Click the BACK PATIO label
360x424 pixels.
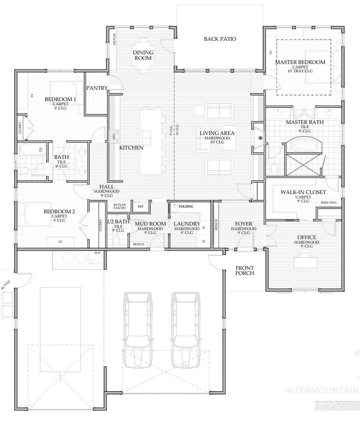pos(220,39)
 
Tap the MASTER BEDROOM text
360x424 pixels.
pos(300,62)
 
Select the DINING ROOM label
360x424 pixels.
pos(143,55)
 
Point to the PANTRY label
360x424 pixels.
pos(97,88)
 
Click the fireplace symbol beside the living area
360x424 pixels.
pos(260,138)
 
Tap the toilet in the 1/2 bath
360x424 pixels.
pos(117,240)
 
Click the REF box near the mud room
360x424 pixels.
pos(141,207)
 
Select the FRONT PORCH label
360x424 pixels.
pos(244,270)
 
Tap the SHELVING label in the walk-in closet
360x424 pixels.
pos(329,202)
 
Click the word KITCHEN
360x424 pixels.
pos(131,148)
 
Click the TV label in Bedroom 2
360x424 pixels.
pos(60,242)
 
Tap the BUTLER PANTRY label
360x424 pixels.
pos(120,206)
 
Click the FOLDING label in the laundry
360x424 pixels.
pos(186,206)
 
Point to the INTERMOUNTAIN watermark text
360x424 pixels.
pos(321,390)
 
